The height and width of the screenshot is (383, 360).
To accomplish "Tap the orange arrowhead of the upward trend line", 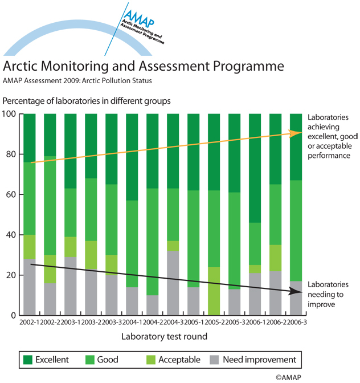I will [x=296, y=133].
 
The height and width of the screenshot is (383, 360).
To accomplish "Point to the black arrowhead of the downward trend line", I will [x=296, y=291].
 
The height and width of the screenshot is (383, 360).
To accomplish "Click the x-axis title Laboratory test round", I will [x=163, y=336].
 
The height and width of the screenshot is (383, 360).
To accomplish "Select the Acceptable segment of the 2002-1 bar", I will [x=30, y=247].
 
